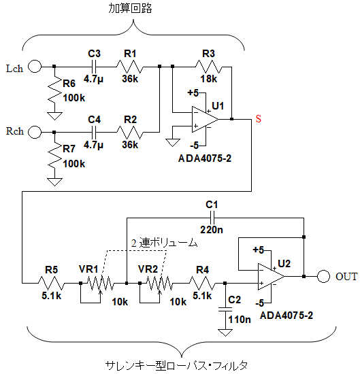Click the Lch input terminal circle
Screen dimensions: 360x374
click(35, 66)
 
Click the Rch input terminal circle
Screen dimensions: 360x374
click(35, 132)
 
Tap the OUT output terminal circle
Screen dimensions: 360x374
click(323, 277)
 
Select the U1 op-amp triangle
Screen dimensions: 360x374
click(205, 119)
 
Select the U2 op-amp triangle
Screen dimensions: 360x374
click(271, 277)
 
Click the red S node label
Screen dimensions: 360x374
click(259, 118)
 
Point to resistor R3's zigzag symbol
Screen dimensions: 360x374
click(208, 67)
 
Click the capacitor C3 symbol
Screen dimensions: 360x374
click(94, 67)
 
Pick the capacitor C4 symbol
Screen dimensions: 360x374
click(94, 132)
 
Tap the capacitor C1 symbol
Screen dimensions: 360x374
click(212, 218)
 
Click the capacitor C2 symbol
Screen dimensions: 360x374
click(225, 309)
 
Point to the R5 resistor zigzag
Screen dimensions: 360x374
click(51, 283)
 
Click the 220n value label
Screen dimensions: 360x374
click(212, 230)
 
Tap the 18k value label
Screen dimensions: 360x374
click(209, 79)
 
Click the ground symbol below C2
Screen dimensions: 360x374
click(225, 333)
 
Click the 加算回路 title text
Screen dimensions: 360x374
click(130, 8)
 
